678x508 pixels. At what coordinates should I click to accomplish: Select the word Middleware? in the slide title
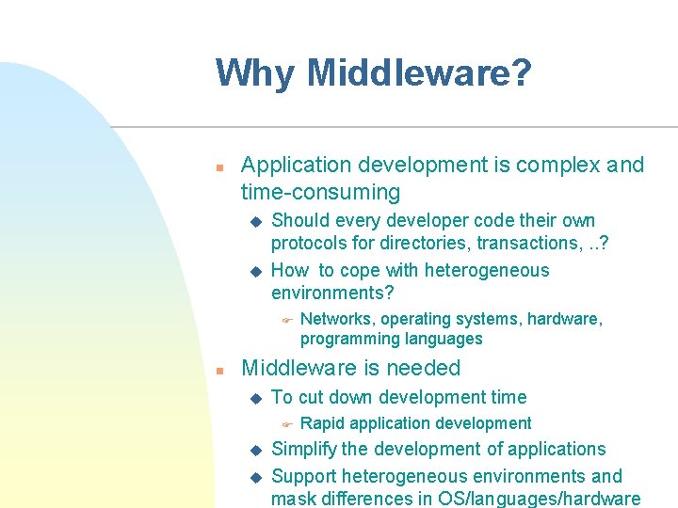coord(419,72)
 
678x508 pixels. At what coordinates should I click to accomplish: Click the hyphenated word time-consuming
coord(320,193)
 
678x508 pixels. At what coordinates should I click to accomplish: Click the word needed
coord(423,368)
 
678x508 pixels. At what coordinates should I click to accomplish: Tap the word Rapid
coord(322,423)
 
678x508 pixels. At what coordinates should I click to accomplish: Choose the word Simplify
coord(304,450)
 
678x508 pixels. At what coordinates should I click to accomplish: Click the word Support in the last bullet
coord(303,476)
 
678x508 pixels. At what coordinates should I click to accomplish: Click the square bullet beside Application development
coord(218,167)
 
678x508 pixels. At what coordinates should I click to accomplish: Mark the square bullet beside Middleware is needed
coord(218,371)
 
